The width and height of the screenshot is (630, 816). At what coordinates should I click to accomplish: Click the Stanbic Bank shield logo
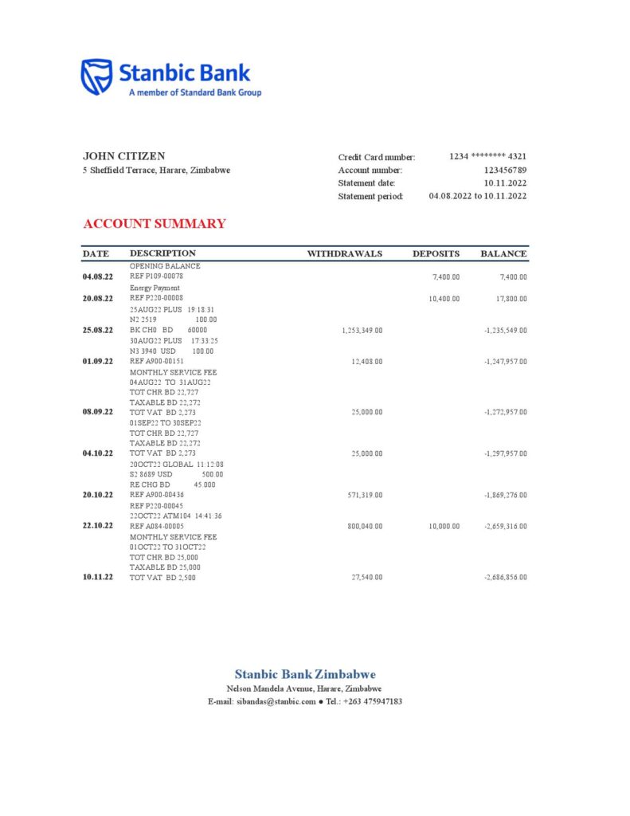tap(96, 76)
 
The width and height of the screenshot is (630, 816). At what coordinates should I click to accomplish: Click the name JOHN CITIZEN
tap(123, 156)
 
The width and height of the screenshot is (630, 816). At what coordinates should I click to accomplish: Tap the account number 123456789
tap(505, 170)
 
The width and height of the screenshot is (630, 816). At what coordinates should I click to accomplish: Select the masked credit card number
tap(487, 157)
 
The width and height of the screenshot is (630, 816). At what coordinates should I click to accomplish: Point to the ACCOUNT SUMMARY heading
tap(154, 224)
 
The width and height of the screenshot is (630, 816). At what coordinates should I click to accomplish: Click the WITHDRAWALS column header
tap(345, 254)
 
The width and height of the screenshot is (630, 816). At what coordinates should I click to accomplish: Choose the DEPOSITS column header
tap(436, 254)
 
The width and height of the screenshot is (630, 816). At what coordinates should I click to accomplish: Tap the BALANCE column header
tap(503, 254)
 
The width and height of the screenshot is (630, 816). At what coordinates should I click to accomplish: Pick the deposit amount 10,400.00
tap(444, 298)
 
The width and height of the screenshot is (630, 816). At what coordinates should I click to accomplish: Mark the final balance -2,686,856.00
tap(505, 578)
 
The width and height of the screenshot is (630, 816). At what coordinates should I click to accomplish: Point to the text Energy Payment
tap(155, 288)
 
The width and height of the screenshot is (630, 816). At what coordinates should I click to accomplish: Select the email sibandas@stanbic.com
tap(274, 701)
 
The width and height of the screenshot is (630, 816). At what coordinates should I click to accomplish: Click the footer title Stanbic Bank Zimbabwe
tap(305, 674)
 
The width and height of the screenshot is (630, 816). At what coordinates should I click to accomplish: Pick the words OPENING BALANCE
tap(165, 266)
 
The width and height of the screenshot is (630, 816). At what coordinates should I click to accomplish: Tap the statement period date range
tap(477, 196)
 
